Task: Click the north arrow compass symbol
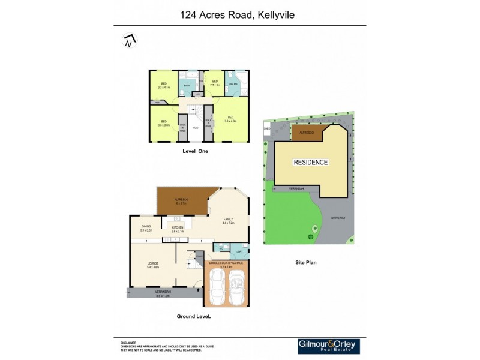tap(129, 41)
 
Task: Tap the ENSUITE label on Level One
tap(233, 84)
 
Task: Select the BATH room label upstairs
tap(187, 86)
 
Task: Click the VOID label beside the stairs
tap(195, 128)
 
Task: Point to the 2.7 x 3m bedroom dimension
tap(215, 85)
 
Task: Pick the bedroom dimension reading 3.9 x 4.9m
tap(231, 121)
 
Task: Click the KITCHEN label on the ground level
tap(178, 228)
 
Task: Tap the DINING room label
tap(146, 226)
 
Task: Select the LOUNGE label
tap(152, 263)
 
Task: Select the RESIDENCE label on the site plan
tap(310, 162)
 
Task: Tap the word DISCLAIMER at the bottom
tap(128, 343)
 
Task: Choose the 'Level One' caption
tap(196, 151)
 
